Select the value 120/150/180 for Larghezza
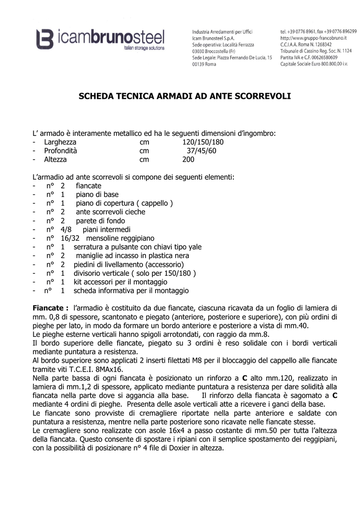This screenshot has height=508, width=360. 203,142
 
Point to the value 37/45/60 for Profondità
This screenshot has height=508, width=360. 201,151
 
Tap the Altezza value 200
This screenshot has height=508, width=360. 189,160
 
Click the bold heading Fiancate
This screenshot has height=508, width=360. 50,308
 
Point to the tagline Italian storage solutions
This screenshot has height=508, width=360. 144,49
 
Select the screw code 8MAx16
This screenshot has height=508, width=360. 107,369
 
